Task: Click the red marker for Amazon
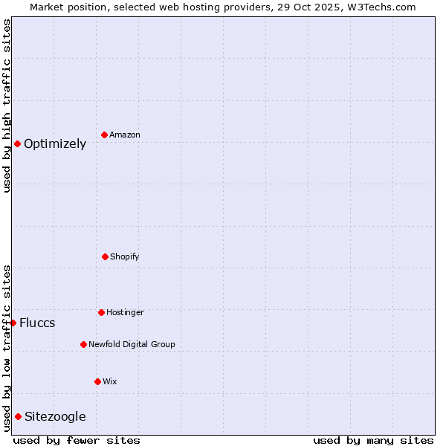click(104, 135)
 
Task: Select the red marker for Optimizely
click(17, 143)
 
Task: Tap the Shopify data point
click(105, 256)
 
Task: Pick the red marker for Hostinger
click(101, 312)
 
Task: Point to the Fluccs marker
click(13, 323)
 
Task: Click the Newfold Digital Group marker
click(83, 344)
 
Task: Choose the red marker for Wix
click(97, 381)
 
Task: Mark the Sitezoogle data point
click(18, 416)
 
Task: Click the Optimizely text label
click(55, 144)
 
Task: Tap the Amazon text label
click(125, 135)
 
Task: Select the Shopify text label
click(125, 257)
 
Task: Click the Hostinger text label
click(125, 313)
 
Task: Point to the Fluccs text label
click(37, 323)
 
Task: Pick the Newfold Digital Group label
click(132, 345)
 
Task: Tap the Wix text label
click(110, 382)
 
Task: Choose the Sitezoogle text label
click(55, 417)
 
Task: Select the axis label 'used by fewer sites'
click(77, 440)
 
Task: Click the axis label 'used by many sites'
click(373, 440)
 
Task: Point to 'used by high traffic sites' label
click(7, 106)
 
